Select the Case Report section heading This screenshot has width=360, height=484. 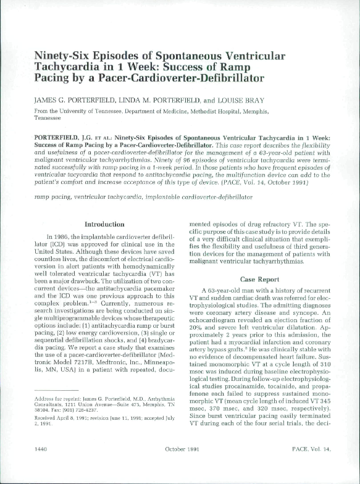(264, 278)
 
